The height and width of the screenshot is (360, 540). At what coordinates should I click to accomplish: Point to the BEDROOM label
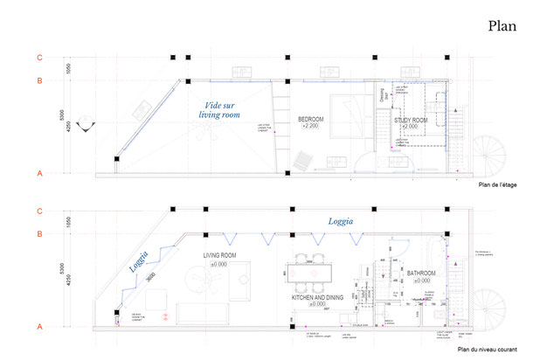pos(312,119)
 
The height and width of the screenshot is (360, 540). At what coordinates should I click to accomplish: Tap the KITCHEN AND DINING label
pos(322,297)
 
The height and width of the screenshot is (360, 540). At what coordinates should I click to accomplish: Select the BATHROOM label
pos(424,274)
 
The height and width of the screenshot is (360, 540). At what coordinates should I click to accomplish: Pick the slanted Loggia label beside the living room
pos(139,261)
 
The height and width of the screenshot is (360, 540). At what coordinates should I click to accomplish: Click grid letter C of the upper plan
pos(39,57)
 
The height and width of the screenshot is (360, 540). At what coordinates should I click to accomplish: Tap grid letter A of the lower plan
pos(39,326)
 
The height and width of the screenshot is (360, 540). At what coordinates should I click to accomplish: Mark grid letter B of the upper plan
pos(39,80)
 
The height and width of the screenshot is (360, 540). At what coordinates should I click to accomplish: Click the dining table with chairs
pos(313,270)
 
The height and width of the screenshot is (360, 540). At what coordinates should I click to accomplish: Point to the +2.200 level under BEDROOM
pos(312,127)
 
